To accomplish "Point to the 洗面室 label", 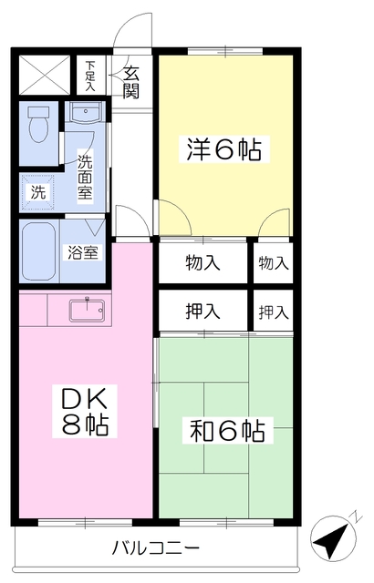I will (85, 177).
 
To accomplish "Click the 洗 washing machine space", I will (38, 192).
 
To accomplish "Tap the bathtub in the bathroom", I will (40, 251).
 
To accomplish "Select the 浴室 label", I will (80, 252).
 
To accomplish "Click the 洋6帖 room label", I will (225, 148).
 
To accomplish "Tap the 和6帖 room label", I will (227, 429).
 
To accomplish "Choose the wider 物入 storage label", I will (203, 262).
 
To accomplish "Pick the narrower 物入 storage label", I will (273, 262).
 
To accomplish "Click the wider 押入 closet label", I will (203, 312).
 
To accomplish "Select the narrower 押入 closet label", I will (273, 312).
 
